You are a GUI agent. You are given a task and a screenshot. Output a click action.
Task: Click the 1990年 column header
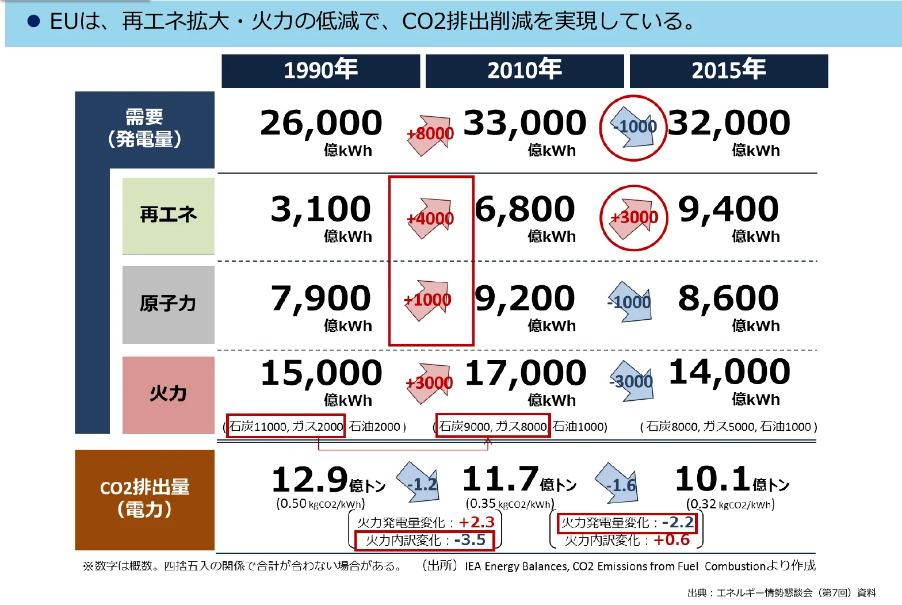pyautogui.click(x=320, y=71)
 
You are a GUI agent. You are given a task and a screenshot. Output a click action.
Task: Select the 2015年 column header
pyautogui.click(x=728, y=71)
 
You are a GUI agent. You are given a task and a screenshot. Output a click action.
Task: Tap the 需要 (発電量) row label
pyautogui.click(x=144, y=129)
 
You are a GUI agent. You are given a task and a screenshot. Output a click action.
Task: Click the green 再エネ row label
pyautogui.click(x=168, y=216)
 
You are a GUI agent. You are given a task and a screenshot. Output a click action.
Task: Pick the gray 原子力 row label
pyautogui.click(x=168, y=304)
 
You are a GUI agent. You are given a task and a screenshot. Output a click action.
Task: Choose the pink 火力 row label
pyautogui.click(x=168, y=395)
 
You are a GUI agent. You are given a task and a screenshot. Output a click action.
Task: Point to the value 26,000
pyautogui.click(x=320, y=123)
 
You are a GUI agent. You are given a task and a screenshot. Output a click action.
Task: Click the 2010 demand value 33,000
pyautogui.click(x=524, y=123)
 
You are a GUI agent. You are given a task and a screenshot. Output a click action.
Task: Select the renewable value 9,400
pyautogui.click(x=728, y=209)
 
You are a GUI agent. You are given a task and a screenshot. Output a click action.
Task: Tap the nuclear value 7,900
pyautogui.click(x=320, y=298)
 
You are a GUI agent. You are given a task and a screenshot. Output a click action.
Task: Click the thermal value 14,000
pyautogui.click(x=729, y=372)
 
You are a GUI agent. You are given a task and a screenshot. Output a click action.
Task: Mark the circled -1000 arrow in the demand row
pyautogui.click(x=633, y=127)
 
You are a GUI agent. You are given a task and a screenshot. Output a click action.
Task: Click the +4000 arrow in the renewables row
pyautogui.click(x=431, y=218)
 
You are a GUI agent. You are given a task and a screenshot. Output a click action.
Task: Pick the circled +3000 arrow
pyautogui.click(x=633, y=217)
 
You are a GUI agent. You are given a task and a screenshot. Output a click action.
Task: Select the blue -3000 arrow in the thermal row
pyautogui.click(x=632, y=381)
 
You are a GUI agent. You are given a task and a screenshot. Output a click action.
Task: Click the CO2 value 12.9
pyautogui.click(x=310, y=480)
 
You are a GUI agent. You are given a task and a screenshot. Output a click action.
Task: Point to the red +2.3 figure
pyautogui.click(x=477, y=522)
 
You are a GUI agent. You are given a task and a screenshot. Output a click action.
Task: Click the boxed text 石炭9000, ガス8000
pyautogui.click(x=493, y=426)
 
